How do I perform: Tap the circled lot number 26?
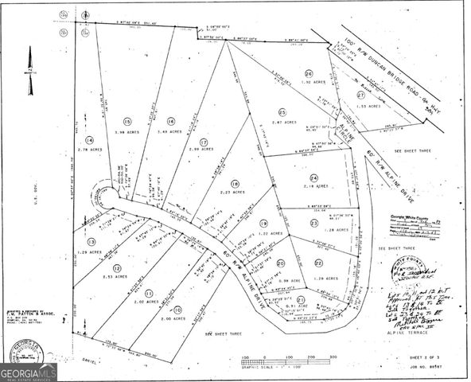(x=308, y=74)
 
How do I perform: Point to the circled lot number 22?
(x=318, y=263)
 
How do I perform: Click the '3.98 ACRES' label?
(x=127, y=132)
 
